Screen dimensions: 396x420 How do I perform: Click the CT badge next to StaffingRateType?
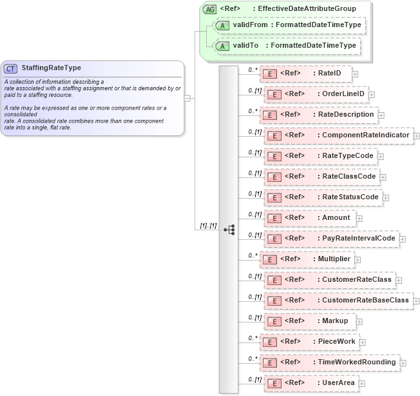click(x=11, y=68)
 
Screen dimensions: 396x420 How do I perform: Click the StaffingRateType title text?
click(x=52, y=68)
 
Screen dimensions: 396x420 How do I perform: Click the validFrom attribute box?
click(x=289, y=25)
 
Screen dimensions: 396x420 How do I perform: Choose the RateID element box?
click(x=305, y=74)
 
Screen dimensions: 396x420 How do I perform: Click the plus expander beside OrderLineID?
click(x=372, y=95)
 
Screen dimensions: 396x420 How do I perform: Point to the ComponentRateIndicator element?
click(x=338, y=135)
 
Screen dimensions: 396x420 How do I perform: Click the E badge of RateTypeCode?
click(x=272, y=156)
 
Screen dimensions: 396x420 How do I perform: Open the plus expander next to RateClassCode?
click(x=383, y=177)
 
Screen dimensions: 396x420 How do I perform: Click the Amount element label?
click(x=336, y=218)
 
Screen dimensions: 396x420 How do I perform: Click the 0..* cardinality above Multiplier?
click(x=253, y=255)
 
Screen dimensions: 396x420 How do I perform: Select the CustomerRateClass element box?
click(x=329, y=280)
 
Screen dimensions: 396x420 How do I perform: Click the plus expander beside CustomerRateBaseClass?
click(x=416, y=301)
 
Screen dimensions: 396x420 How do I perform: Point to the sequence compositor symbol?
click(x=229, y=229)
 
